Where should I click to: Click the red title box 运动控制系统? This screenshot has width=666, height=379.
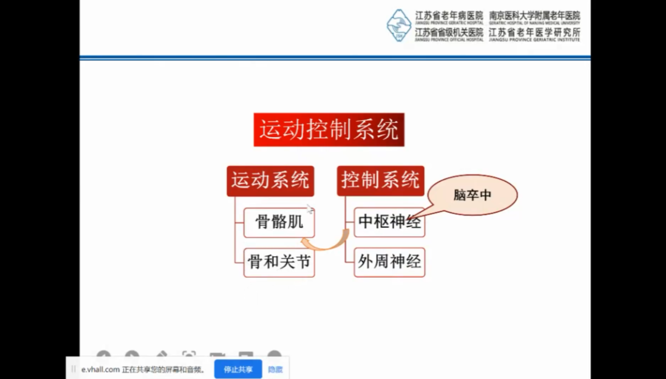[329, 130]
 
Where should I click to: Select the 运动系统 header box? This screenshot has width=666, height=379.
[270, 180]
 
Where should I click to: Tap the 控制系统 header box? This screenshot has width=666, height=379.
[380, 180]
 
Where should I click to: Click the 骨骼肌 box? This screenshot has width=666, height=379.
[279, 222]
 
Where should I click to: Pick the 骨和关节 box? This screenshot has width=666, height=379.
[279, 262]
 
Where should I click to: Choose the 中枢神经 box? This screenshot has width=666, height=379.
[389, 222]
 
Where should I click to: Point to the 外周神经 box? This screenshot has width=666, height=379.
[389, 262]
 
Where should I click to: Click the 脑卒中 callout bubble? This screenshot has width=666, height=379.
[472, 195]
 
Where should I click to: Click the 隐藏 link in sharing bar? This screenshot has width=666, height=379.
[275, 369]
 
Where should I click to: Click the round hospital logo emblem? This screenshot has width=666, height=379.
[399, 25]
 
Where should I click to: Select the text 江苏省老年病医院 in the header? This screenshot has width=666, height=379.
[448, 15]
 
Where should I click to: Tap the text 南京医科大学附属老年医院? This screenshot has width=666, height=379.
[534, 15]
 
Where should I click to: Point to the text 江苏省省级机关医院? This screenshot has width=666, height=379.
[448, 31]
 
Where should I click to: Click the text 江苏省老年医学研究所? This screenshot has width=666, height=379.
[534, 31]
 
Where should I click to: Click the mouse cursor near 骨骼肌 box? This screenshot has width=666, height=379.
[310, 209]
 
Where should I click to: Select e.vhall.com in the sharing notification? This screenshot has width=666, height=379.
[100, 369]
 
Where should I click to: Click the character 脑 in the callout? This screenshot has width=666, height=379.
[459, 195]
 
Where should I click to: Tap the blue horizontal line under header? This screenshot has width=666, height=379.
[335, 58]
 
